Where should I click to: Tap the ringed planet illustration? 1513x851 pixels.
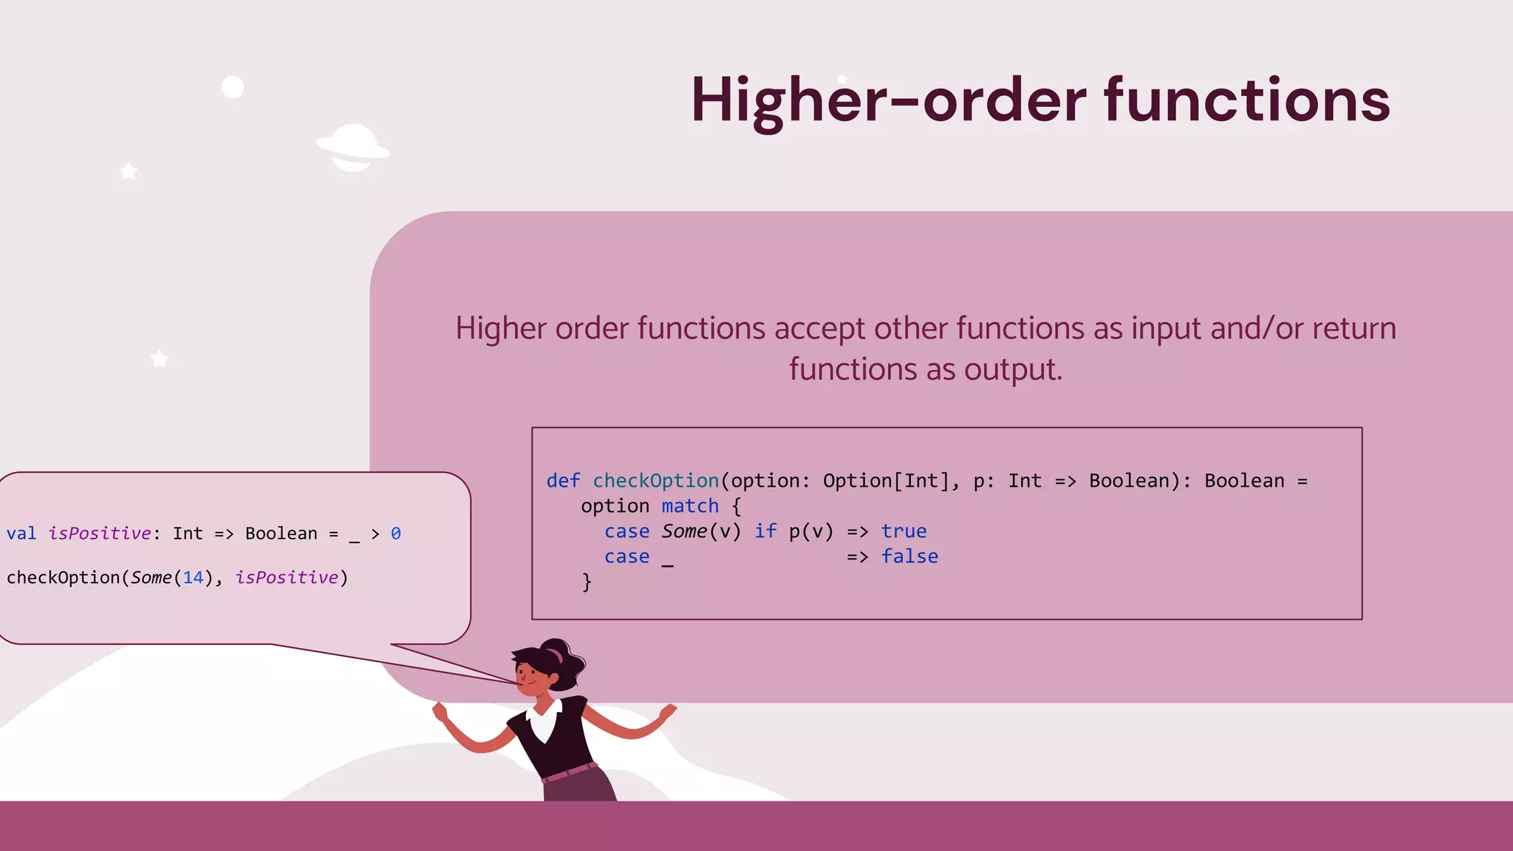pos(353,147)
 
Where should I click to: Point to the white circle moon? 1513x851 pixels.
pos(233,87)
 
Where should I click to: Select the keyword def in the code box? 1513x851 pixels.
pos(563,481)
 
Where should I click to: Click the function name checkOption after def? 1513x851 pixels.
pos(655,481)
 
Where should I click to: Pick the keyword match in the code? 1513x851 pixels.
pos(690,506)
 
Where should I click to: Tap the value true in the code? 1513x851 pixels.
pos(904,531)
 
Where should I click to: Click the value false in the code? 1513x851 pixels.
pos(909,556)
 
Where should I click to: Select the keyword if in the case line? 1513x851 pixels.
pos(765,531)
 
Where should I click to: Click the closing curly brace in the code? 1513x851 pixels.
pos(587,582)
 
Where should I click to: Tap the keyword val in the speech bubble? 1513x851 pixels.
pos(21,533)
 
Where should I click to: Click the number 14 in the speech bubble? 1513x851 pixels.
pos(193,578)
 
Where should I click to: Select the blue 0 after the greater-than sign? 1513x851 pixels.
pos(396,533)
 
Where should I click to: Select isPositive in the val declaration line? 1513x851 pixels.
pos(100,533)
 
